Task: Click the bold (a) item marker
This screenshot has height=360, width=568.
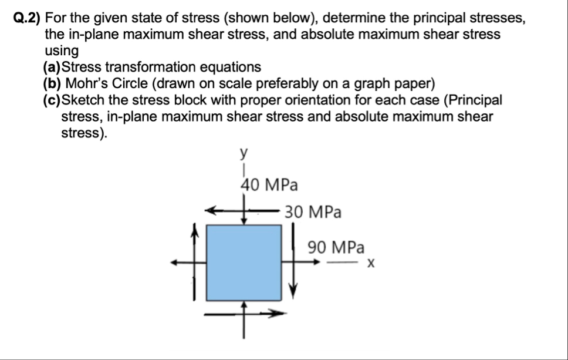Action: pyautogui.click(x=57, y=67)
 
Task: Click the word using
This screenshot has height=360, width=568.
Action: pyautogui.click(x=62, y=51)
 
